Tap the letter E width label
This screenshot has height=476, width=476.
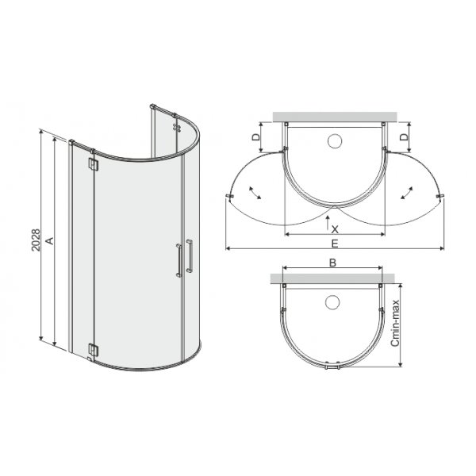[x=335, y=243]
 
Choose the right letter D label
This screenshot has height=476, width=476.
[x=405, y=137]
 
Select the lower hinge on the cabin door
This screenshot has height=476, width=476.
[x=94, y=348]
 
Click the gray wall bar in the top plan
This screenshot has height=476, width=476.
[x=334, y=117]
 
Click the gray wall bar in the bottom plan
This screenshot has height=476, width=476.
[x=334, y=279]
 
